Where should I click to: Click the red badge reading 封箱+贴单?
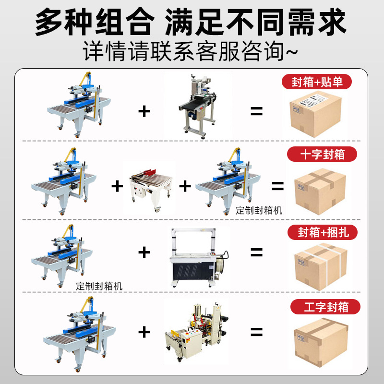coord(317,81)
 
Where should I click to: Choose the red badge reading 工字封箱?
coord(326,306)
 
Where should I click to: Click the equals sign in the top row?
coord(257,111)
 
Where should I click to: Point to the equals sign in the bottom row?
coord(257,331)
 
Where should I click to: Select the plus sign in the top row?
coord(144,111)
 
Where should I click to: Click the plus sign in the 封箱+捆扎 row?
coord(144,252)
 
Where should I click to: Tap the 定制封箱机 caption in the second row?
coord(259,210)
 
